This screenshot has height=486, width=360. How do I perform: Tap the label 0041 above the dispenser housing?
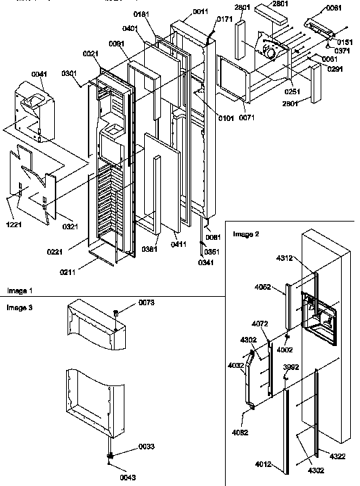pos(39,74)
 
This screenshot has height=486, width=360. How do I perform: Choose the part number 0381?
pos(148,248)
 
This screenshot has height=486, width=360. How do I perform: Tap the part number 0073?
pos(126,302)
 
